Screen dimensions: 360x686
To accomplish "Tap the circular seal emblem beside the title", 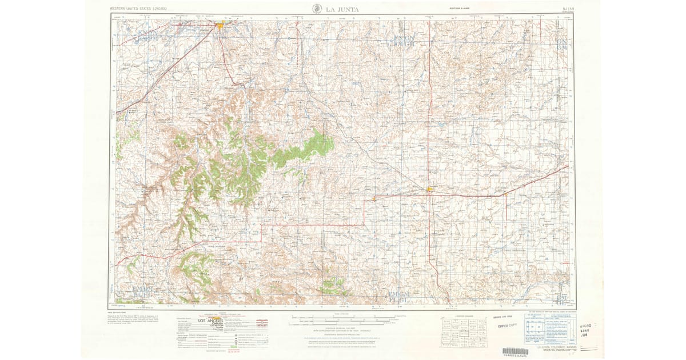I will pyautogui.click(x=316, y=8).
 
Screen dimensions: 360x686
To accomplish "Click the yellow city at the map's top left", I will pyautogui.click(x=221, y=25).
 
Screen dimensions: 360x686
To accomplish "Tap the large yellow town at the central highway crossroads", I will pyautogui.click(x=430, y=190).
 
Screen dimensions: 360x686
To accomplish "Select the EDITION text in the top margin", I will pyautogui.click(x=459, y=9).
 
